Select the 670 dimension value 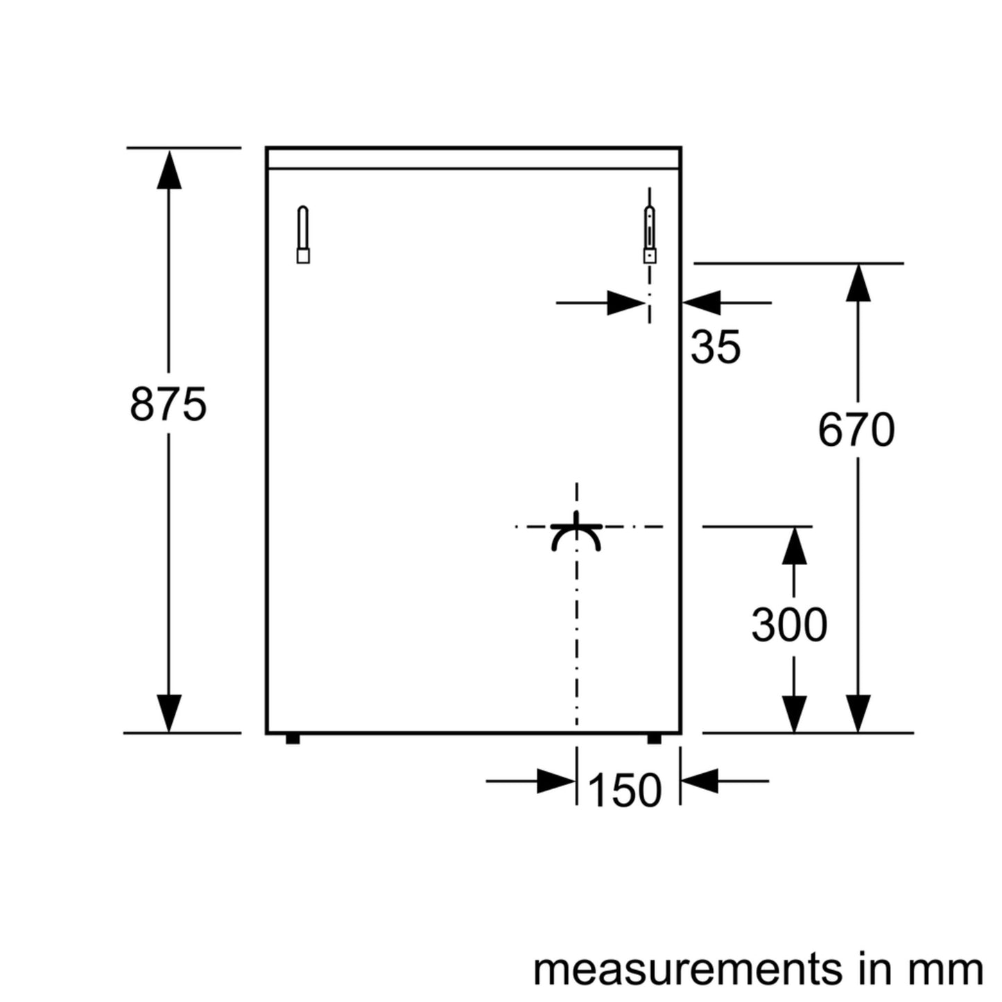click(856, 430)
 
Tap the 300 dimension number click(789, 625)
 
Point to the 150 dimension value click(625, 790)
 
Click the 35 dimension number click(716, 347)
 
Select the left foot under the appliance click(293, 738)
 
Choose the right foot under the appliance click(654, 738)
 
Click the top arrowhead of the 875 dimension click(169, 170)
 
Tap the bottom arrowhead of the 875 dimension click(169, 712)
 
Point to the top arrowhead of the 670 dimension click(858, 284)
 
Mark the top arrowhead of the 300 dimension click(795, 546)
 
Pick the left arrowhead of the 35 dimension click(627, 303)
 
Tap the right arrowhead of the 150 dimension click(700, 781)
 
